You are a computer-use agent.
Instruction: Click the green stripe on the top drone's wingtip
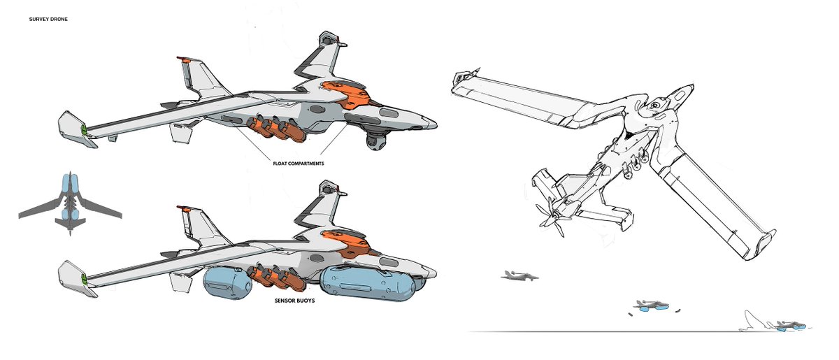(84, 129)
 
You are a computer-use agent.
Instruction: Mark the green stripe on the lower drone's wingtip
(84, 279)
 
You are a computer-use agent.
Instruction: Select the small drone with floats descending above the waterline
(651, 306)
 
